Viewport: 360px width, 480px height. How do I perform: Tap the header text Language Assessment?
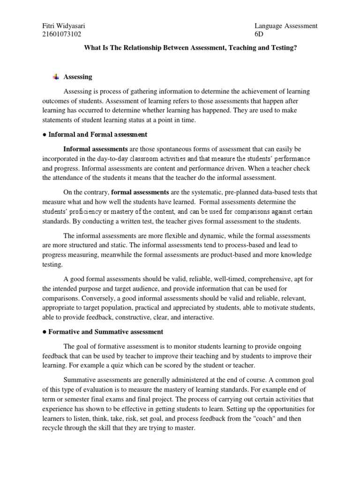point(285,26)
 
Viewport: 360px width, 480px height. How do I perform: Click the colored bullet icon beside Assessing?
point(56,76)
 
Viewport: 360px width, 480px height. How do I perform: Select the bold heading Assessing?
point(78,76)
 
